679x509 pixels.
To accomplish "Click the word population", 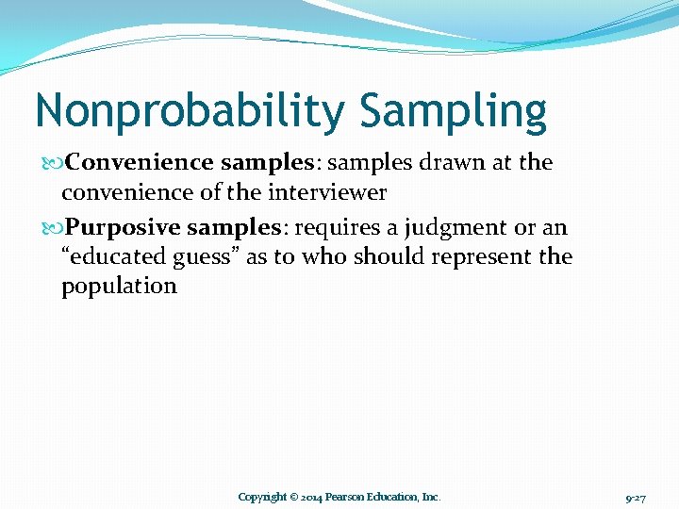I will coord(119,287).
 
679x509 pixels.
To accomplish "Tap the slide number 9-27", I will coord(635,497).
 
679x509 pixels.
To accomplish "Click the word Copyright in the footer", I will coord(262,497).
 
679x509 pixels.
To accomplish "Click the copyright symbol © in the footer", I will coord(294,497).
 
